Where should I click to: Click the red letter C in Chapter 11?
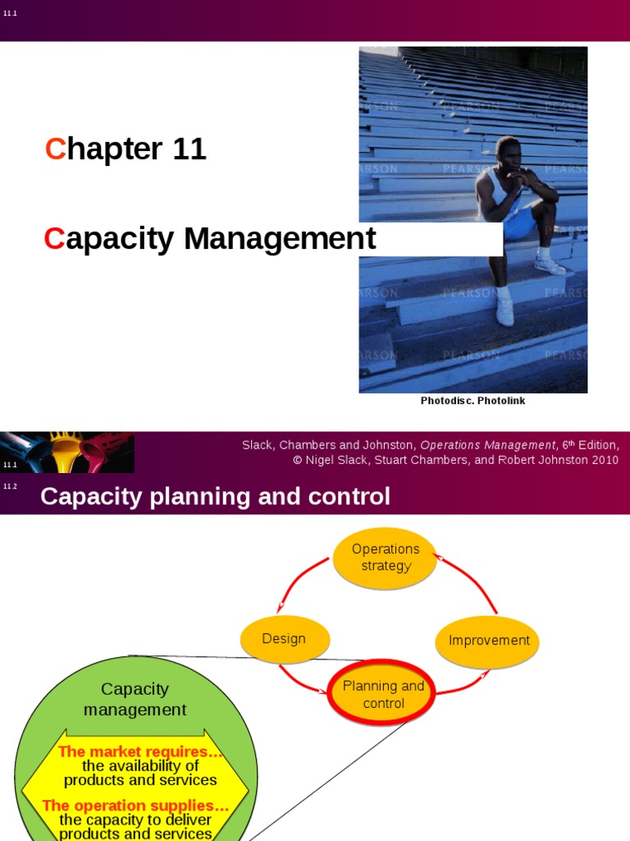(x=55, y=149)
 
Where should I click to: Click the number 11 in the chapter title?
(x=189, y=149)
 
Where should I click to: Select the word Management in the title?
(x=280, y=239)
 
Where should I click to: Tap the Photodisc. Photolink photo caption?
(x=472, y=401)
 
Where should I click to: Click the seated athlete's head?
(x=508, y=154)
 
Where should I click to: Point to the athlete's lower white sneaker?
(x=504, y=311)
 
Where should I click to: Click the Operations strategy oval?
(x=386, y=558)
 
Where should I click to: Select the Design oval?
(x=284, y=639)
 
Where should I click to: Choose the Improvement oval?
(x=489, y=641)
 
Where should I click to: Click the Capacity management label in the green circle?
(x=135, y=699)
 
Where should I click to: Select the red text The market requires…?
(x=140, y=751)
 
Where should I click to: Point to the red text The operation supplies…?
(x=135, y=806)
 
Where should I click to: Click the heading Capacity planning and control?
(x=215, y=497)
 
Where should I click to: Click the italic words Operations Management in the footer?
(x=488, y=445)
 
